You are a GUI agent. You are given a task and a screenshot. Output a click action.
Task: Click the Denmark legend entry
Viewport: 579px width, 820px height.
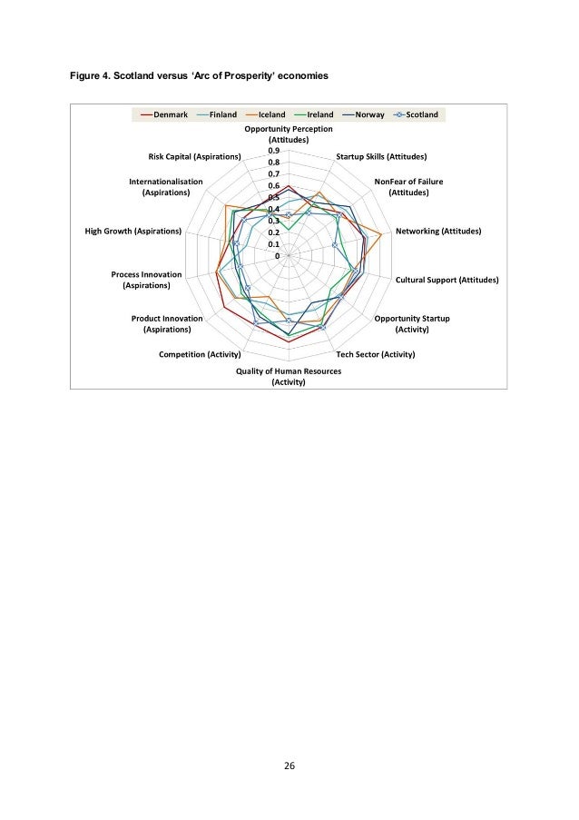(164, 115)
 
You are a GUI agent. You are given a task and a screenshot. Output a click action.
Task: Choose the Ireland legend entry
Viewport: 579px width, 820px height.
(320, 115)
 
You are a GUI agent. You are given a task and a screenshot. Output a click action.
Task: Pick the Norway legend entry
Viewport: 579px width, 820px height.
(372, 115)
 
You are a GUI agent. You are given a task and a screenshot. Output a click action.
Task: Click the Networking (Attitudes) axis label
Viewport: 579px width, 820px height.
(438, 232)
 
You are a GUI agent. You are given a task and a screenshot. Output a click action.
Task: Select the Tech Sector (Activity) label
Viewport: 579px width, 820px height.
(375, 353)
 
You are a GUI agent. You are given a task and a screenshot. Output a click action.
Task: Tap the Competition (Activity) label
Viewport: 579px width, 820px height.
(199, 353)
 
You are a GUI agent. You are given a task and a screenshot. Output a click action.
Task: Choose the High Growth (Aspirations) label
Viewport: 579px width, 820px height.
(132, 232)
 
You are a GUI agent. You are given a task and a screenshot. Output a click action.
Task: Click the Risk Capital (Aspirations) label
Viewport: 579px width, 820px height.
(194, 157)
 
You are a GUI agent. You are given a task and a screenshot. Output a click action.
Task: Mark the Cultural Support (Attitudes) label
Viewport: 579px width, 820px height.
(447, 280)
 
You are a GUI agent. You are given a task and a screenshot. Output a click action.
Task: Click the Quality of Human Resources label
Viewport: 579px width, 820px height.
(289, 371)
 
